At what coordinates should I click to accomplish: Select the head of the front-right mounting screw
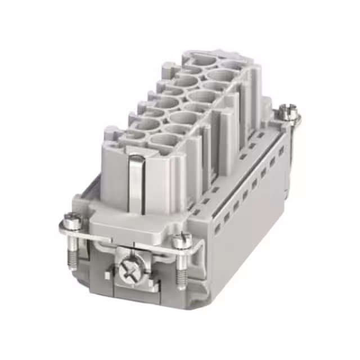click(x=181, y=241)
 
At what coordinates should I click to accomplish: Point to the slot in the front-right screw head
click(x=181, y=240)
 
